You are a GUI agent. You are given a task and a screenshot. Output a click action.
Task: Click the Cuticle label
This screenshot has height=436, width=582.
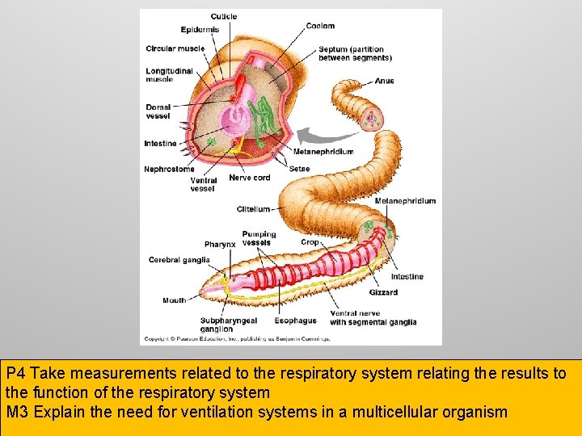(x=224, y=17)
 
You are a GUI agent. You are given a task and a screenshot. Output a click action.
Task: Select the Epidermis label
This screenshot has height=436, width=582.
(x=200, y=31)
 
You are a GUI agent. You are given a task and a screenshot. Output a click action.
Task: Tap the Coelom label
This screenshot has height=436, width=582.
(x=320, y=27)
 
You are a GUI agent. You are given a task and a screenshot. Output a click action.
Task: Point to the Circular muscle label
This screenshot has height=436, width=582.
(x=175, y=48)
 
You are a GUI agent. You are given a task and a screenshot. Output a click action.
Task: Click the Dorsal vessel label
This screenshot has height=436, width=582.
(x=158, y=111)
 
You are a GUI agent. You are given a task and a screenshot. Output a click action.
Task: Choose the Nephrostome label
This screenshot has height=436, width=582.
(x=169, y=170)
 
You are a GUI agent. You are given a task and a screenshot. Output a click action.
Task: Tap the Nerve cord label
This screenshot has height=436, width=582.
(x=250, y=178)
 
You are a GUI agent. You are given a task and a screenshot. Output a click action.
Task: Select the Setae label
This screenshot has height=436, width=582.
(x=299, y=169)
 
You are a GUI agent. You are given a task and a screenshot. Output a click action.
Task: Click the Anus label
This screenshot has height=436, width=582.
(x=385, y=82)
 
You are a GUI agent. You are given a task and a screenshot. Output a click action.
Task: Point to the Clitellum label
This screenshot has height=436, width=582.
(x=253, y=209)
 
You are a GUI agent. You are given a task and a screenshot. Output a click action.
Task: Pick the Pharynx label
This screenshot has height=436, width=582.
(x=220, y=245)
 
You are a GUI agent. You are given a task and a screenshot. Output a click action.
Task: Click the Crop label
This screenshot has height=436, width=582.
(x=310, y=242)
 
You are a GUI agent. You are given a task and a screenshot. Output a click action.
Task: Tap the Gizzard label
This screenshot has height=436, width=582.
(x=383, y=292)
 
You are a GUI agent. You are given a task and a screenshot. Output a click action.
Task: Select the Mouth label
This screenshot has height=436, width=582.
(x=174, y=300)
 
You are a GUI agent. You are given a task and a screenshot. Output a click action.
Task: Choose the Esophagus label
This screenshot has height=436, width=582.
(x=296, y=321)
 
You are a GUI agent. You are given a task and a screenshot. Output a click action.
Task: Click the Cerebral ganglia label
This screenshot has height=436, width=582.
(x=179, y=260)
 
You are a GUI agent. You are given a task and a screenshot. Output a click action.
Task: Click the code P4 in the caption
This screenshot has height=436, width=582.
(x=16, y=375)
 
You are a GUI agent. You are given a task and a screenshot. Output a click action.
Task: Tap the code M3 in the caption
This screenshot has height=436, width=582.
(x=17, y=413)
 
